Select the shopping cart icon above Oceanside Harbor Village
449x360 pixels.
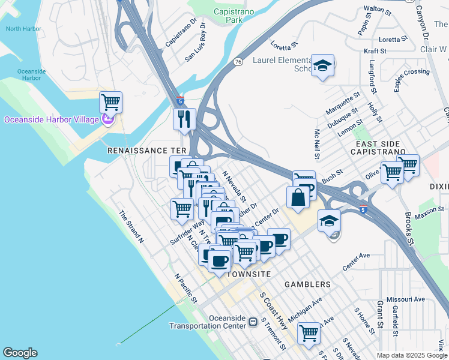tap(111, 102)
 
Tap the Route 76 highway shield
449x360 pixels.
tap(238, 61)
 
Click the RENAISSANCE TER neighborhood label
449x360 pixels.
tap(148, 151)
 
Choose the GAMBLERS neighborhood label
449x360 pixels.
tap(307, 284)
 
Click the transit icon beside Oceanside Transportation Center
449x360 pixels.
tap(253, 322)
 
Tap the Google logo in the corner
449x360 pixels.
tap(20, 353)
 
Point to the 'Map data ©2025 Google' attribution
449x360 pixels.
tap(412, 355)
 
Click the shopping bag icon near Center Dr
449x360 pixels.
tap(298, 198)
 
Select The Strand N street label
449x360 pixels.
tap(131, 226)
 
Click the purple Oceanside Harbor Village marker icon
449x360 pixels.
tap(108, 119)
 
